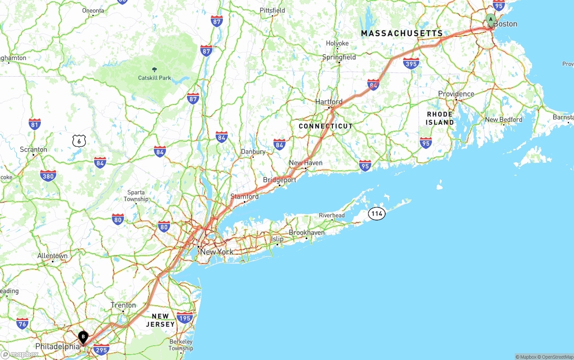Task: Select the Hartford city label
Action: click(x=329, y=102)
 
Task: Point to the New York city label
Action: click(x=217, y=252)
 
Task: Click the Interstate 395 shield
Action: click(x=411, y=63)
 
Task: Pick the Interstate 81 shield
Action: click(x=35, y=124)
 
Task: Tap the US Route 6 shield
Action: click(x=79, y=141)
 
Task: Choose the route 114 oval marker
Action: click(x=377, y=214)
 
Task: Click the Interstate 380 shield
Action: click(x=48, y=176)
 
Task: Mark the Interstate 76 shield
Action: click(x=22, y=323)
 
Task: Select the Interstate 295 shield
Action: click(x=102, y=349)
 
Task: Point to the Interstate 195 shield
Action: click(x=185, y=318)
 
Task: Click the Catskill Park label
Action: click(x=155, y=78)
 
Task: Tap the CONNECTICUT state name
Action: click(x=326, y=126)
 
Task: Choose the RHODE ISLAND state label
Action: click(x=440, y=118)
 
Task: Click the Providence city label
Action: click(x=456, y=94)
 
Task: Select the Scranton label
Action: click(x=33, y=149)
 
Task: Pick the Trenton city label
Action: click(x=123, y=305)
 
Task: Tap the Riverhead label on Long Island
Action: click(x=332, y=215)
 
